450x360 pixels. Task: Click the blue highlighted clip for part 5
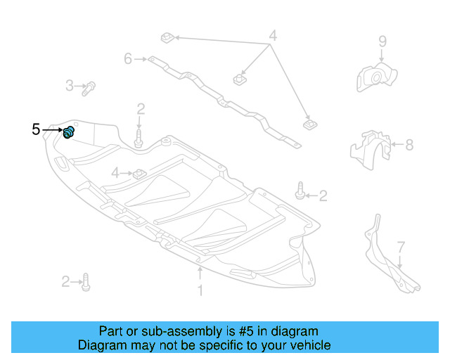coord(70,131)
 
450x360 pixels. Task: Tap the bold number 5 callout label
coord(36,129)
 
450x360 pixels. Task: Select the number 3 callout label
coord(70,86)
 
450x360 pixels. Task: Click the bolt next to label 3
coord(89,88)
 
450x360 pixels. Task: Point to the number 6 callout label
coord(128,59)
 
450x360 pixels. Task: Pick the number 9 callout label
coord(382,41)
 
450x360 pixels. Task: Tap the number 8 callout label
coord(409,146)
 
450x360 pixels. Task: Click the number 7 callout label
coord(401,247)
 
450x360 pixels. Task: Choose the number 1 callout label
coord(200,290)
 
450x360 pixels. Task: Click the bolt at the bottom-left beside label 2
coord(85,282)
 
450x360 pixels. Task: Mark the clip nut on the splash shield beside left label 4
coord(139,172)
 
